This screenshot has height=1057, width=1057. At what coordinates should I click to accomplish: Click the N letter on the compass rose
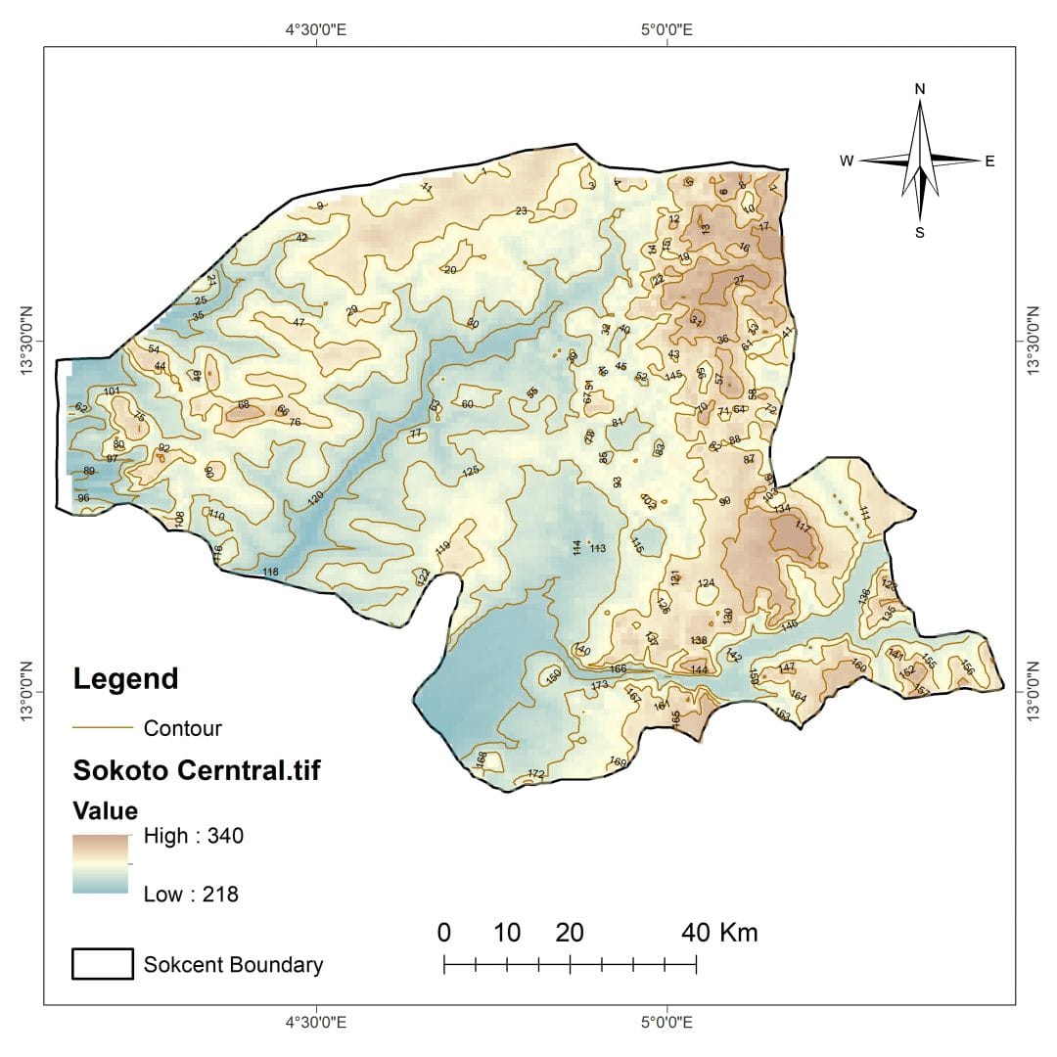point(920,88)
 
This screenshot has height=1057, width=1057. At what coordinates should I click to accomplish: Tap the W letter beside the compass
point(847,161)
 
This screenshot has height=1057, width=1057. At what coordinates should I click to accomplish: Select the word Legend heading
point(126,678)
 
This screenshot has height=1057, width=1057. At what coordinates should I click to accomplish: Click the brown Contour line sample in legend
point(103,728)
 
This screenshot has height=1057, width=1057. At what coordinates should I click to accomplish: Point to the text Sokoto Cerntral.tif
point(197,771)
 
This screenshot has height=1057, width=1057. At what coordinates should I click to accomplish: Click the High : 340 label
point(193,836)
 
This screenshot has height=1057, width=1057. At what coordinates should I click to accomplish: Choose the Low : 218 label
point(191,894)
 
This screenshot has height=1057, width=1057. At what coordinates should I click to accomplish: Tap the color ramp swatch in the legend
point(101,863)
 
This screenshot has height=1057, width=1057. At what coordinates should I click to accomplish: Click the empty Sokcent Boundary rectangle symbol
point(103,964)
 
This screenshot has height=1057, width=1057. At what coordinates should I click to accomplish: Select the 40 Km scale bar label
point(719,933)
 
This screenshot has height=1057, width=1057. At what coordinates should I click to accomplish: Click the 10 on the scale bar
point(507,933)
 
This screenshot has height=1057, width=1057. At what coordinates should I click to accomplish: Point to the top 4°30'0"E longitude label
point(316,29)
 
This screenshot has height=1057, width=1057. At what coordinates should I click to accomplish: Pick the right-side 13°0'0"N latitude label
point(1033,691)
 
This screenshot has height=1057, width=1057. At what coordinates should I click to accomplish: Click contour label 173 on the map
point(600,685)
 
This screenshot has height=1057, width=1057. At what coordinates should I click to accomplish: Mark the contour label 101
point(112,392)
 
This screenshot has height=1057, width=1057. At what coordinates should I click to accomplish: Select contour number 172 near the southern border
point(535,774)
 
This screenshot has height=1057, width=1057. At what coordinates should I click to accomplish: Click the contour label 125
point(471,472)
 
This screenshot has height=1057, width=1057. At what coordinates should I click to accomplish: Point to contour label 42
point(301,238)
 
